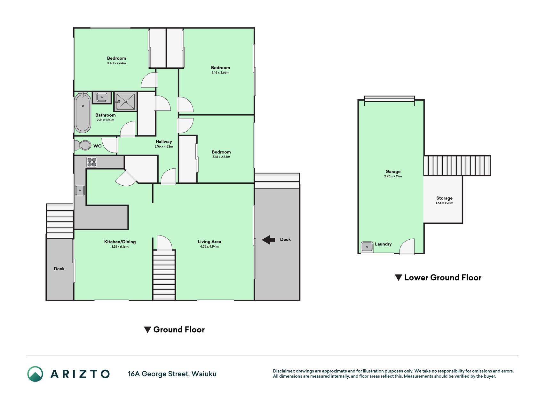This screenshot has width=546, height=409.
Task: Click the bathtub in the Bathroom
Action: click(x=83, y=112)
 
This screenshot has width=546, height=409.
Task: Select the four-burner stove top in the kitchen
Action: click(x=92, y=162)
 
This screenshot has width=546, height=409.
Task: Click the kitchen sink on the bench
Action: click(x=80, y=190)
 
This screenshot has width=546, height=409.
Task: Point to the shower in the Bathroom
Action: click(x=125, y=102)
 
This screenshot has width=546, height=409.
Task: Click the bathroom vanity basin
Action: click(x=102, y=97)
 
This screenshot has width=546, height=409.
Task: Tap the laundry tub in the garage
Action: click(x=367, y=247)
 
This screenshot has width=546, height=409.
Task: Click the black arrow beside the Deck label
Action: click(x=268, y=240)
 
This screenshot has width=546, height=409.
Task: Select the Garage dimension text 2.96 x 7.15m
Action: click(x=393, y=176)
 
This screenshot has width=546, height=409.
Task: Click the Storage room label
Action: click(x=444, y=198)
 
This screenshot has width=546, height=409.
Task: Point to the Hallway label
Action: click(x=164, y=142)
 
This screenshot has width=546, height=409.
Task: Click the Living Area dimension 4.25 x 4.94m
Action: click(x=209, y=247)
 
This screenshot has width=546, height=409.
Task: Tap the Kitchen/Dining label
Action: click(x=120, y=242)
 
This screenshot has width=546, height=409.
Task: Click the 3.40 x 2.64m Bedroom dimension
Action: click(x=116, y=63)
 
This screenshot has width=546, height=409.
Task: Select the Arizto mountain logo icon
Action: click(x=35, y=374)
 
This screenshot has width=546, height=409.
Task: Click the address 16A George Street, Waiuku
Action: click(x=172, y=374)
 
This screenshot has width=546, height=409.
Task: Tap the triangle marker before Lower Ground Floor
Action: click(x=398, y=278)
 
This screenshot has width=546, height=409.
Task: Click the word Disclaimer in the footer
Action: click(x=283, y=371)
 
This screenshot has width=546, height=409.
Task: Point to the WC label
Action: click(x=97, y=146)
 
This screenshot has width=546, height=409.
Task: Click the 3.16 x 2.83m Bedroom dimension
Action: click(x=221, y=157)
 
